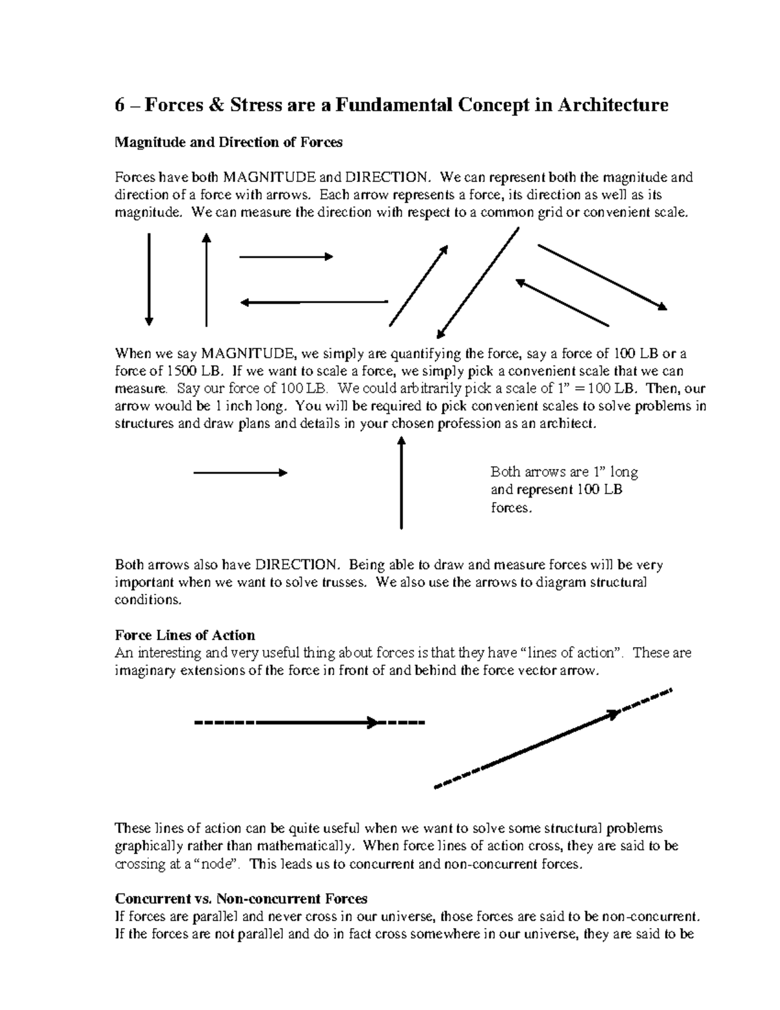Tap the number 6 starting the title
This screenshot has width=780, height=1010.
tap(120, 105)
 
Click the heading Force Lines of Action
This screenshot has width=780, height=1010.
tap(185, 635)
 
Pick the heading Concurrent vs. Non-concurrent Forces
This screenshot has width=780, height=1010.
tap(240, 899)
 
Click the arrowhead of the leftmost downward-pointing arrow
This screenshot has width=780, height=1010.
tap(149, 320)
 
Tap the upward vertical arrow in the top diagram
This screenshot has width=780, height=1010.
tap(206, 280)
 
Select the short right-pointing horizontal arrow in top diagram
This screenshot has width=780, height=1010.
tap(286, 257)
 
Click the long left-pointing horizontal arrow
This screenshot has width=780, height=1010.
tap(314, 302)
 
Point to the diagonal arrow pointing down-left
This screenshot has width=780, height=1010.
tap(478, 283)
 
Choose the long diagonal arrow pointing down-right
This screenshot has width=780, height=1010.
tap(601, 276)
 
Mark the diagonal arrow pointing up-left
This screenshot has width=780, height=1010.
tap(562, 302)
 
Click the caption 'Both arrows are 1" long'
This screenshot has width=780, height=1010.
tap(564, 472)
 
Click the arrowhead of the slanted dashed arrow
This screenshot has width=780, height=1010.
tap(613, 714)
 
